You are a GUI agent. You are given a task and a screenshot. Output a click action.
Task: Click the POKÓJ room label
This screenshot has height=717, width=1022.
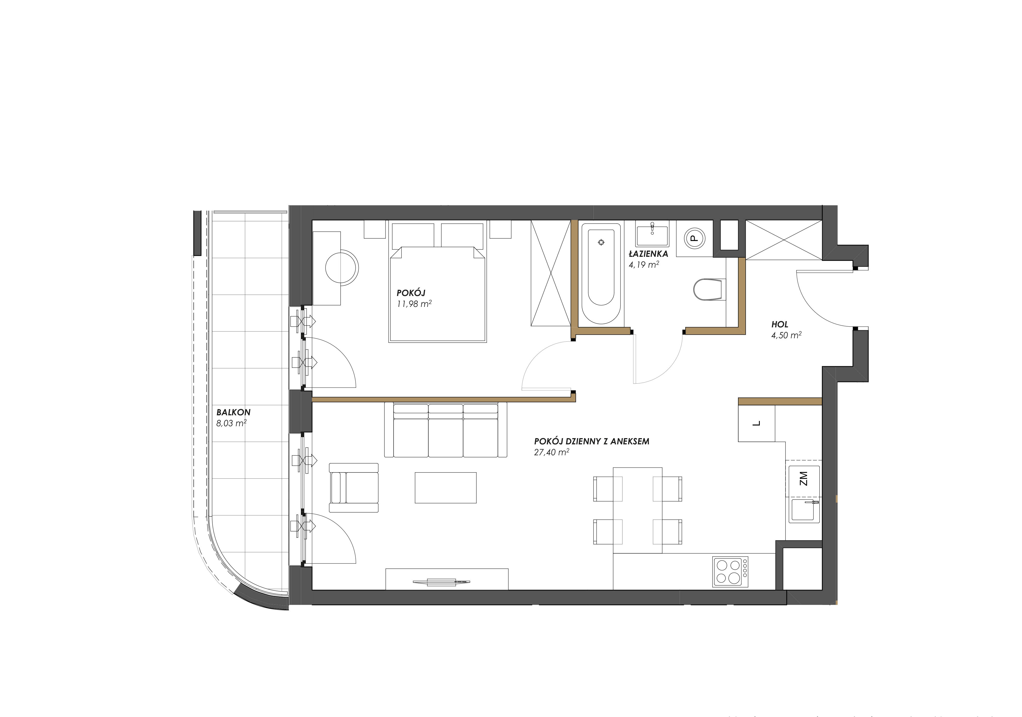411,293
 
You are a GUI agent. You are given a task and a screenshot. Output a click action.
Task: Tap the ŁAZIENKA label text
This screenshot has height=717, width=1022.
648,254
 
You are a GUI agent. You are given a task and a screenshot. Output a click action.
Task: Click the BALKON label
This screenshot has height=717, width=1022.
233,412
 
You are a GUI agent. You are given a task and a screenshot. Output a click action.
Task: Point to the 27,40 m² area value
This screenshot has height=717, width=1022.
552,452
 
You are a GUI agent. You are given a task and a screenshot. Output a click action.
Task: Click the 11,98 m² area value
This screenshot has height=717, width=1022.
414,304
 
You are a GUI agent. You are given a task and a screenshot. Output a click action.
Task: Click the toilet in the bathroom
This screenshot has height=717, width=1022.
709,289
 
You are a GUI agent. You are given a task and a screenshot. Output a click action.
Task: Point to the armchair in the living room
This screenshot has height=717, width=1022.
354,487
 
